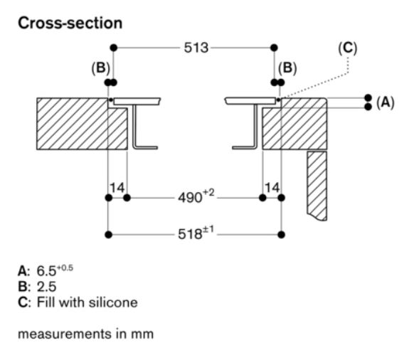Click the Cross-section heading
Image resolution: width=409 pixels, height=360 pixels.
70,23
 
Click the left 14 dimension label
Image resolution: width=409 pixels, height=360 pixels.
117,188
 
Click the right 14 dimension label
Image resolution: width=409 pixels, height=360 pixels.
272,188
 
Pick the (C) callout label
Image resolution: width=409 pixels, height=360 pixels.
348,48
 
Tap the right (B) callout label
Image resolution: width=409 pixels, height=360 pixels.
287,69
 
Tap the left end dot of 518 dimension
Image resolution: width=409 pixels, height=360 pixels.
107,233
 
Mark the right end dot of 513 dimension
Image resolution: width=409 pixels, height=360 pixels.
276,48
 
